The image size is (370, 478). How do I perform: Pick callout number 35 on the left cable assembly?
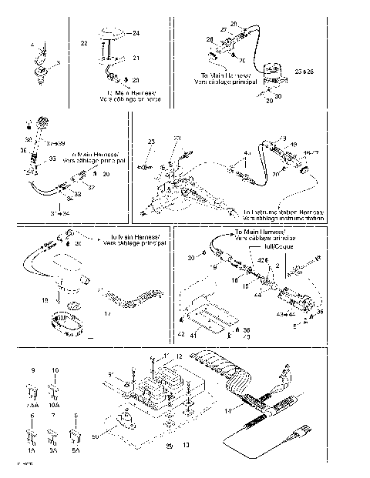click(x=52, y=159)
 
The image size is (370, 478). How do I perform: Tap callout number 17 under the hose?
click(x=106, y=313)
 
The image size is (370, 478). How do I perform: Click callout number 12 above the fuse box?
click(x=179, y=357)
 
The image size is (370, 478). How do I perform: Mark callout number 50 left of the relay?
click(x=95, y=437)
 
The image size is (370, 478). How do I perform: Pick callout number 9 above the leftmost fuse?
click(x=32, y=371)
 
